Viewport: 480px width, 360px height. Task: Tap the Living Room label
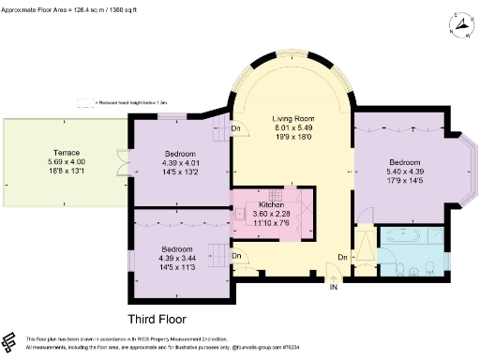[x=292, y=120]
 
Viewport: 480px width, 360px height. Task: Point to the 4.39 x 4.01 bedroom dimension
[x=181, y=162]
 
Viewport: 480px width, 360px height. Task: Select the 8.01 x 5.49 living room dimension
[x=292, y=130]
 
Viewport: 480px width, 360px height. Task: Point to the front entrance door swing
[x=332, y=273]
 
